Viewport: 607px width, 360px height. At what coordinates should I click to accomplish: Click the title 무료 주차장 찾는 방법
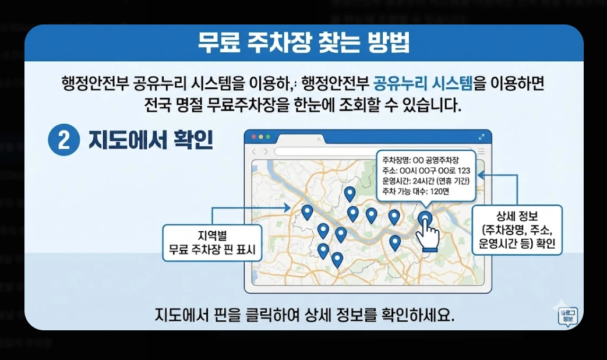point(303,43)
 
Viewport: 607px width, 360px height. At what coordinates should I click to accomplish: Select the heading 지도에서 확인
point(150,141)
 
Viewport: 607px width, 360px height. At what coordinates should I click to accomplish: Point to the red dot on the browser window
point(253,137)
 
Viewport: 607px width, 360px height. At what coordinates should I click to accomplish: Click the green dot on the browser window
point(268,137)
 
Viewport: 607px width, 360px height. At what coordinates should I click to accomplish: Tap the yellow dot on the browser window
point(260,137)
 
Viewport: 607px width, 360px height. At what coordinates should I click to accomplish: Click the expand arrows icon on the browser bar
point(481,137)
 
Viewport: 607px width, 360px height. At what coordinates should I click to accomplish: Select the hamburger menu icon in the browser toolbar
point(481,151)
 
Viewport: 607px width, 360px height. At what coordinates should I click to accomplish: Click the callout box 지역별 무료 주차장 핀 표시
point(211,244)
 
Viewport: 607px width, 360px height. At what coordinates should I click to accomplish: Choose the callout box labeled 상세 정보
point(517,230)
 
